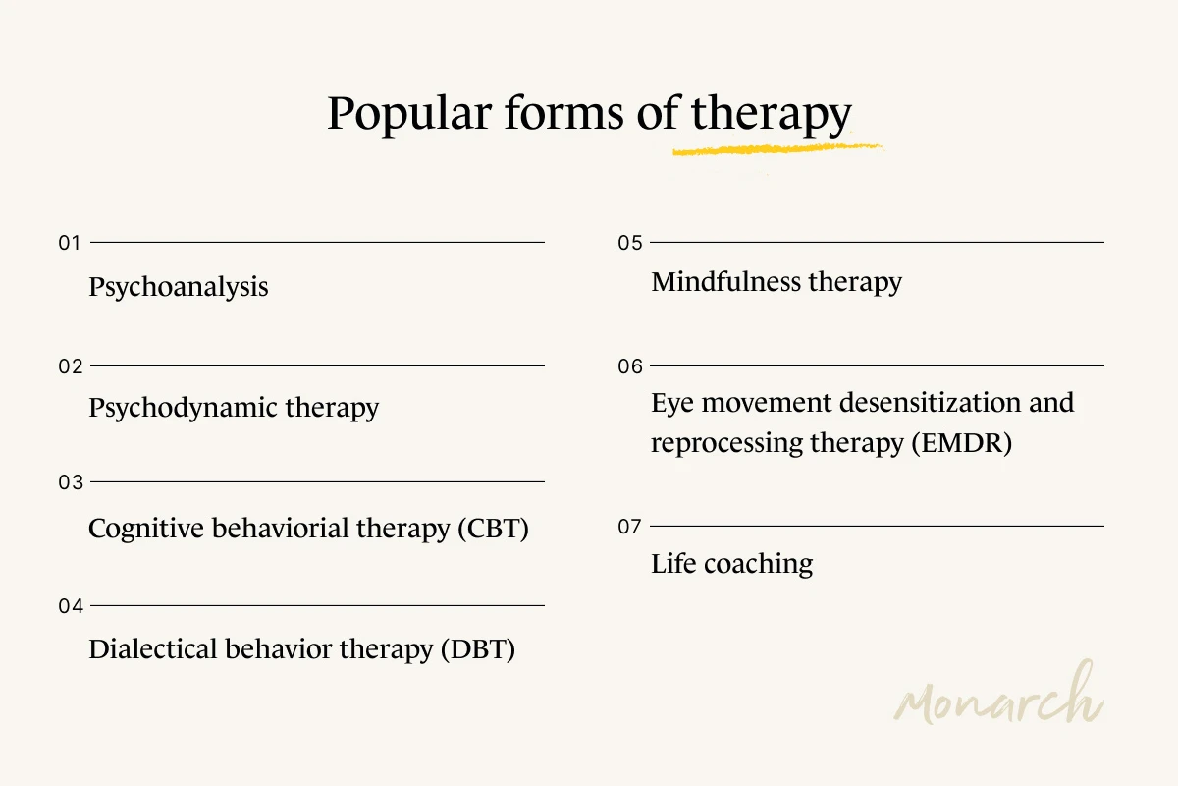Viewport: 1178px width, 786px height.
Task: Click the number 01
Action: pos(70,243)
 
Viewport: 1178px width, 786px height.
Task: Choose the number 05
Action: pos(630,243)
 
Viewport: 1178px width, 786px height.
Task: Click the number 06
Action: pos(630,366)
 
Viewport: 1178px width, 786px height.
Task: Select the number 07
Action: pos(630,527)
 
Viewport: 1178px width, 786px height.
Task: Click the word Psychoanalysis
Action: pos(178,287)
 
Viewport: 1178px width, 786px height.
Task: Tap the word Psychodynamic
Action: pos(169,408)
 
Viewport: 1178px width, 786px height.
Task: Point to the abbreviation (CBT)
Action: pos(493,529)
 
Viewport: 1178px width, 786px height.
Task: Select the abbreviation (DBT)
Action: pos(478,649)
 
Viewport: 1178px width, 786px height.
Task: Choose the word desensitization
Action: pos(910,403)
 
